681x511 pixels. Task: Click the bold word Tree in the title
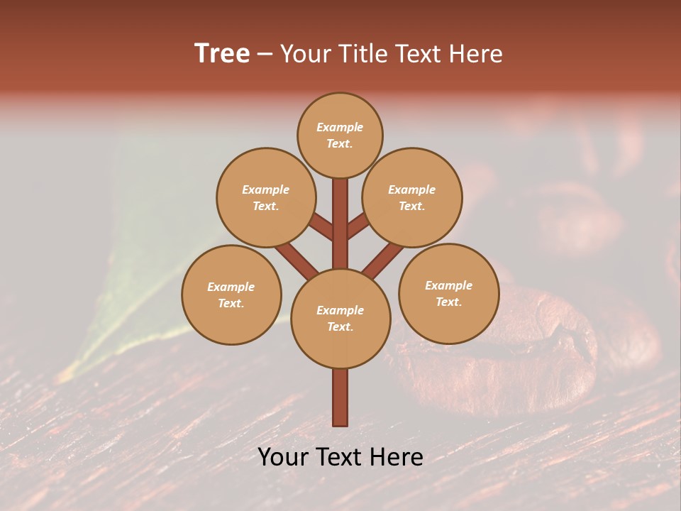click(x=222, y=54)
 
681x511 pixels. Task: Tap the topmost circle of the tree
click(x=340, y=135)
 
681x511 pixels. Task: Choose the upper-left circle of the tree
click(x=266, y=197)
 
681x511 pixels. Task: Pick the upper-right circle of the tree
click(x=412, y=197)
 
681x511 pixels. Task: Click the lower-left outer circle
click(x=231, y=295)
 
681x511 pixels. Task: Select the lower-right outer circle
click(x=448, y=293)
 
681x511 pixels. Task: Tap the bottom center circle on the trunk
click(x=340, y=318)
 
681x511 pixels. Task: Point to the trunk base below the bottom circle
click(x=340, y=397)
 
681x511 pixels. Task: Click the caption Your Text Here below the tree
click(x=340, y=457)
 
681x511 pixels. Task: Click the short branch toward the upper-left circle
click(x=321, y=227)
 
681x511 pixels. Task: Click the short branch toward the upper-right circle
click(x=358, y=226)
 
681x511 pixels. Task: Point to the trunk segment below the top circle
click(x=340, y=213)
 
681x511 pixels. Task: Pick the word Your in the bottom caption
click(x=282, y=457)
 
